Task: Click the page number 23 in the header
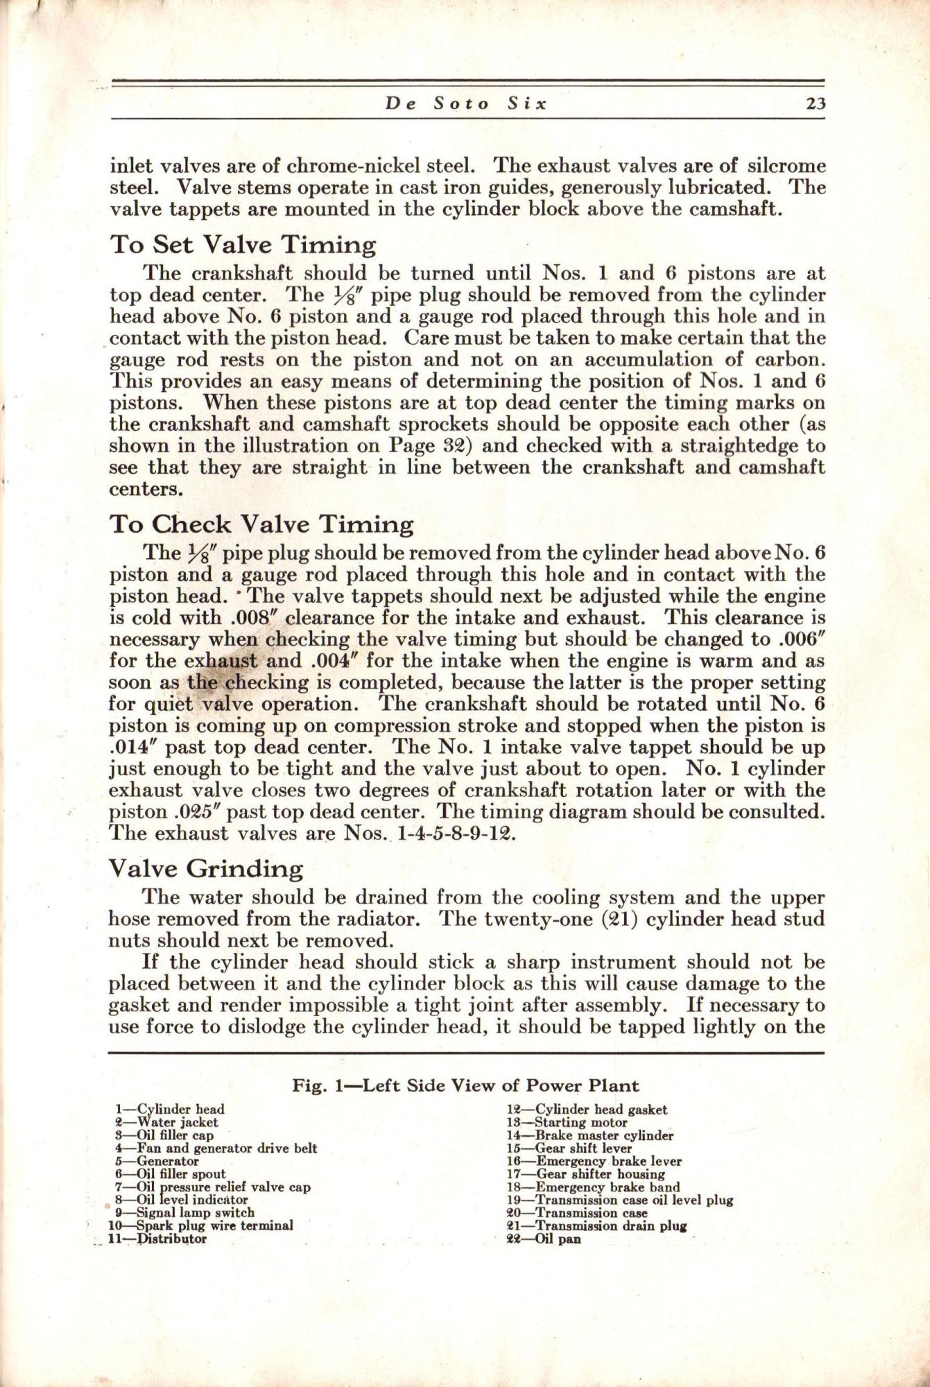[x=807, y=104]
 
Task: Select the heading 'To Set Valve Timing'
[x=243, y=245]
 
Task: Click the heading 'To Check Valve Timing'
[x=261, y=524]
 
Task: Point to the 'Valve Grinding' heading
[x=206, y=868]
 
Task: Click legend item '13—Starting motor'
[x=567, y=1122]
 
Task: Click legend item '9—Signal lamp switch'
[x=184, y=1213]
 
